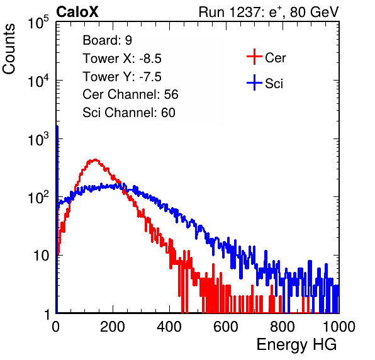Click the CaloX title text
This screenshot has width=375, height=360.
click(77, 12)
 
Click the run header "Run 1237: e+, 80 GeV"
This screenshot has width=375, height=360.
click(269, 12)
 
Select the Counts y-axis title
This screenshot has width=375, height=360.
click(9, 49)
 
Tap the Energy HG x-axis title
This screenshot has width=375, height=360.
click(296, 345)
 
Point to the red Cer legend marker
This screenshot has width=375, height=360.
click(254, 57)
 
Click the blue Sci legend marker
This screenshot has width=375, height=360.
click(254, 82)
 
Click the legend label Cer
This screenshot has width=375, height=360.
click(275, 58)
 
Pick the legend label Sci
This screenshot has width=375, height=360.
click(274, 84)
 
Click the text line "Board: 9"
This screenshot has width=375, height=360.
click(107, 40)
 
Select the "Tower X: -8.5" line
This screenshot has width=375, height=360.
click(122, 59)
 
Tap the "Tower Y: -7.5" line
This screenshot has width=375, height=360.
click(122, 77)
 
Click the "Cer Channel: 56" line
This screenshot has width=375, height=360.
click(130, 94)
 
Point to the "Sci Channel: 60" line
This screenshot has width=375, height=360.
click(129, 113)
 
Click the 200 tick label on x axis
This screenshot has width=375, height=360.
click(113, 327)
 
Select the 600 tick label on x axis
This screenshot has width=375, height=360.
click(226, 327)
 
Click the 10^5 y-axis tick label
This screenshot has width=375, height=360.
click(38, 23)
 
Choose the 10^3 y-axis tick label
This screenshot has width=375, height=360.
click(38, 139)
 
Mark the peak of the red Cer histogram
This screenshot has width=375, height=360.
click(95, 159)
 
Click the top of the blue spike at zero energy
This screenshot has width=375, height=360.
click(57, 127)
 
